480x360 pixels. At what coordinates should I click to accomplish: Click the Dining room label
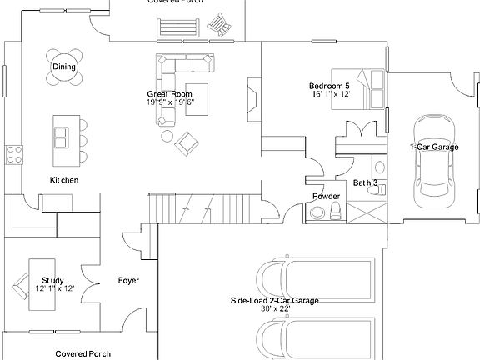click(64, 67)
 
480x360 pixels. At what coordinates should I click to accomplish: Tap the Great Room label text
click(170, 94)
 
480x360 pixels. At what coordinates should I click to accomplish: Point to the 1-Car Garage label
click(434, 147)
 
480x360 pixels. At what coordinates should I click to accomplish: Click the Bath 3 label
click(365, 182)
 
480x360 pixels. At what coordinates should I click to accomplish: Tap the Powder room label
click(326, 197)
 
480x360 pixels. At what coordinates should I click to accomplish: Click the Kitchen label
click(64, 180)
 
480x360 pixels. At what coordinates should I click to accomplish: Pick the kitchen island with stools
click(62, 137)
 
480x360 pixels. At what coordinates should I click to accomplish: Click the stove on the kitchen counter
click(14, 152)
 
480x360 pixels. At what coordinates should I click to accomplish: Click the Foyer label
click(128, 280)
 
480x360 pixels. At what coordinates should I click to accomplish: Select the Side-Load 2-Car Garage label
click(275, 300)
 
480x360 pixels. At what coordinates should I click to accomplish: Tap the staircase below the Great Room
click(204, 206)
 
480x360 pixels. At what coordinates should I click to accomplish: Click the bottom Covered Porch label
click(83, 353)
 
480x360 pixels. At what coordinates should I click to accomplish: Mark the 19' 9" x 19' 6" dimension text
click(170, 102)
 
